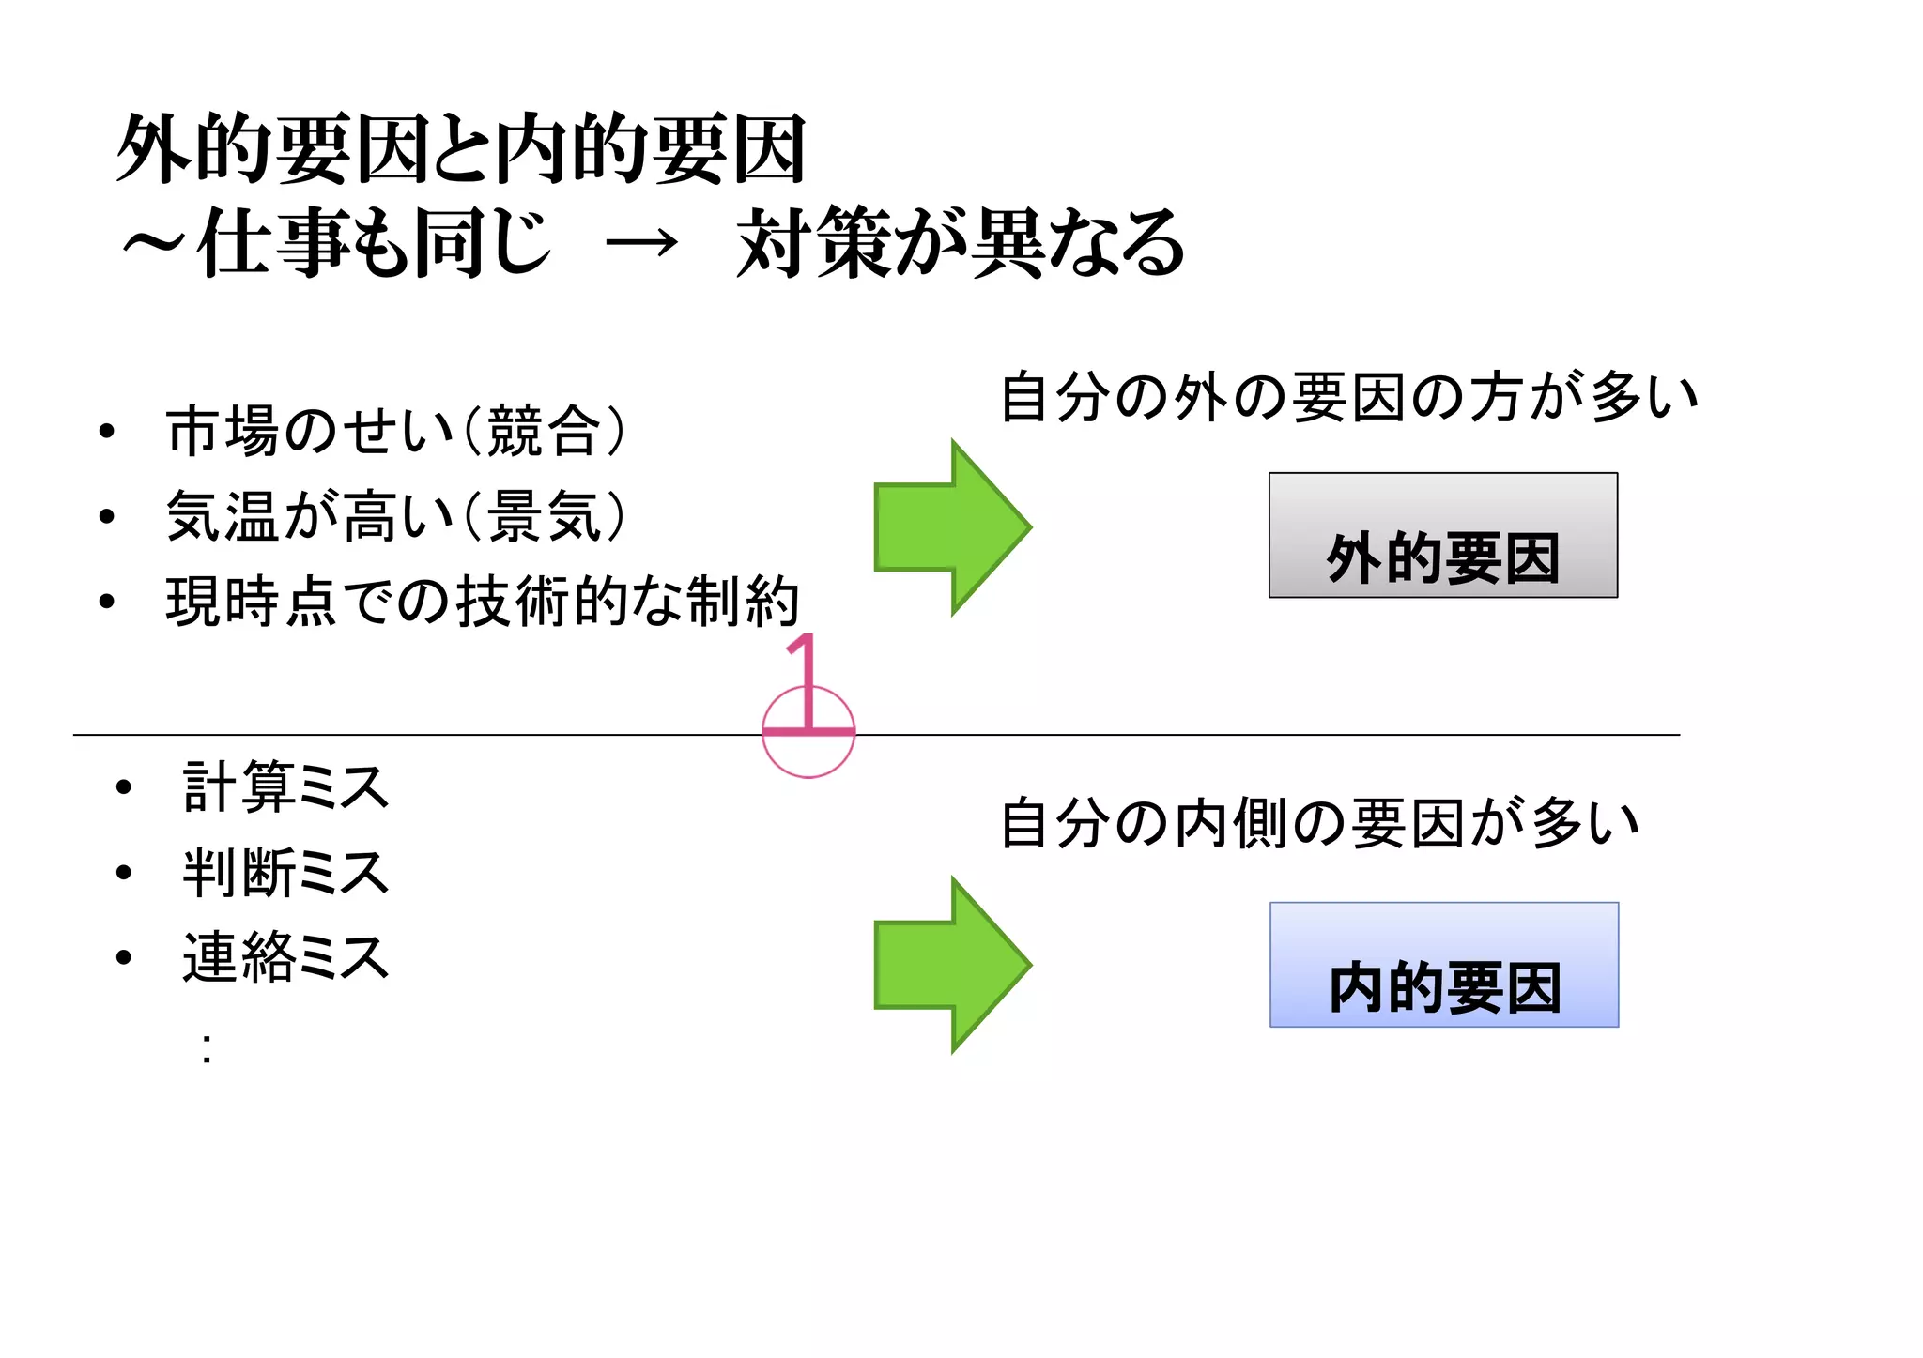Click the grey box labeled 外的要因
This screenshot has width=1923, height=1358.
click(x=1442, y=535)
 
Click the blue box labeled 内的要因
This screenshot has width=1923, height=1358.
click(x=1443, y=965)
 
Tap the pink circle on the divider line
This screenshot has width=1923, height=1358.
click(x=808, y=755)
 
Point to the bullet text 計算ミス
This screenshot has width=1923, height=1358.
click(x=285, y=786)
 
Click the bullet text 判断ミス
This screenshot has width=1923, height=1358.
click(x=285, y=873)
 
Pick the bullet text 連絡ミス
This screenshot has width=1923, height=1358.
click(x=285, y=958)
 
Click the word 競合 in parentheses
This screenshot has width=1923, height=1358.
click(x=545, y=432)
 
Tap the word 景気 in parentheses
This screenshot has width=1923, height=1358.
click(x=545, y=517)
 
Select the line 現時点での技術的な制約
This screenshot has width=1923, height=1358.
click(x=482, y=603)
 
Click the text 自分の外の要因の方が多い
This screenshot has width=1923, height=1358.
click(x=1348, y=397)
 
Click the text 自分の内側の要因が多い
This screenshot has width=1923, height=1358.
click(x=1319, y=823)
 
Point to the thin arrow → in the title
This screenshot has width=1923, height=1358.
click(x=641, y=245)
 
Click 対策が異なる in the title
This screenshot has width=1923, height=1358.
click(x=960, y=244)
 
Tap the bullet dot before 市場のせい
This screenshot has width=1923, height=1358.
click(x=107, y=432)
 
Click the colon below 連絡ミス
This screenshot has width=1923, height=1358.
click(x=207, y=1048)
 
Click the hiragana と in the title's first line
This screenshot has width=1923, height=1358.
click(x=459, y=150)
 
